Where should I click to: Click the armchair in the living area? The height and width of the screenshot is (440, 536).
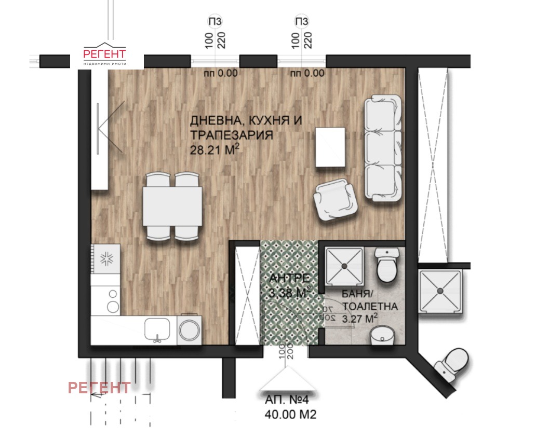coord(336,200)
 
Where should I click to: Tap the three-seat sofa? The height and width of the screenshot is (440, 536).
coord(383,147)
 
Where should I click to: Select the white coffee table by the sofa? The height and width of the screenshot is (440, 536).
coord(330,147)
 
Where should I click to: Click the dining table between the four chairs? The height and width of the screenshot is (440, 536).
coord(172,206)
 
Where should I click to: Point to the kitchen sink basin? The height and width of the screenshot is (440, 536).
coord(157,329)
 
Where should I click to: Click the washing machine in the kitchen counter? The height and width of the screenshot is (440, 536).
coord(189,329)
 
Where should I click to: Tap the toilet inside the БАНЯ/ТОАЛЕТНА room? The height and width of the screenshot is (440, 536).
coord(387,265)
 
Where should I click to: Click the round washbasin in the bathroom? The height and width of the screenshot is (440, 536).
coord(383,335)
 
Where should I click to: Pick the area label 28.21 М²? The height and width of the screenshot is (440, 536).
coord(215,149)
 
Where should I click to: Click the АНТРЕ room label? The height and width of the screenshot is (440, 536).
coord(290,278)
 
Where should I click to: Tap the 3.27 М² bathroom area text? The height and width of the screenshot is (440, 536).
coord(359,319)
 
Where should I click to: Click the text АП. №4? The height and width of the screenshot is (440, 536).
coord(287,400)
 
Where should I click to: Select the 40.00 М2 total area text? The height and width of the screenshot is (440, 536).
coord(290,415)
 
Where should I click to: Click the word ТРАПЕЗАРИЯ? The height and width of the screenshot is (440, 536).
coord(232,135)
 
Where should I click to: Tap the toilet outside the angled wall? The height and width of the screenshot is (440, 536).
coord(452,366)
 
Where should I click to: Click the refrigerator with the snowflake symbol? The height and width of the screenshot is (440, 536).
coord(105,258)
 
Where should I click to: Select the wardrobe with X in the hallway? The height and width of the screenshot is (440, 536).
coord(248,296)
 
